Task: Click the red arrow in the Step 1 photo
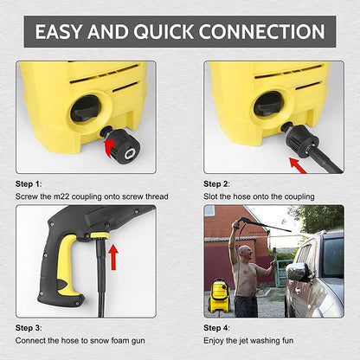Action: click(111, 147)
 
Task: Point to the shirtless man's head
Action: click(245, 254)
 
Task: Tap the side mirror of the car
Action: click(297, 272)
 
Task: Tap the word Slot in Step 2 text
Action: click(212, 197)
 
